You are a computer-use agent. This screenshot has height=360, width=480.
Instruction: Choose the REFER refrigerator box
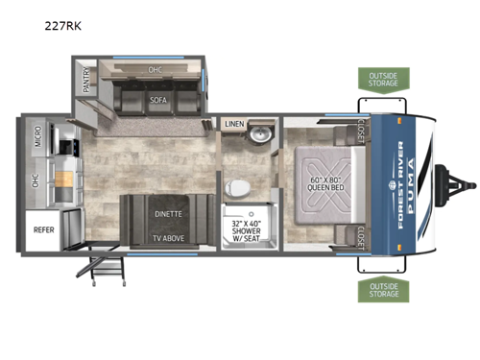(44, 230)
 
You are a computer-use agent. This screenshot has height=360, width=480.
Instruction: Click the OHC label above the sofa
(155, 70)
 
